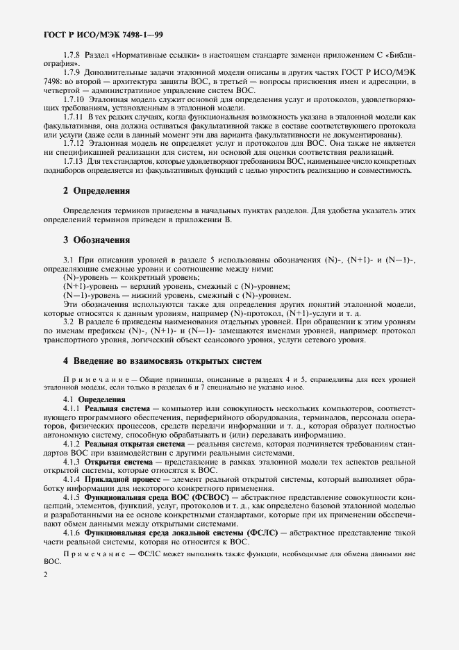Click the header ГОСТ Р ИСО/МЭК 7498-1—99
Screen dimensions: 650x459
click(103, 33)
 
